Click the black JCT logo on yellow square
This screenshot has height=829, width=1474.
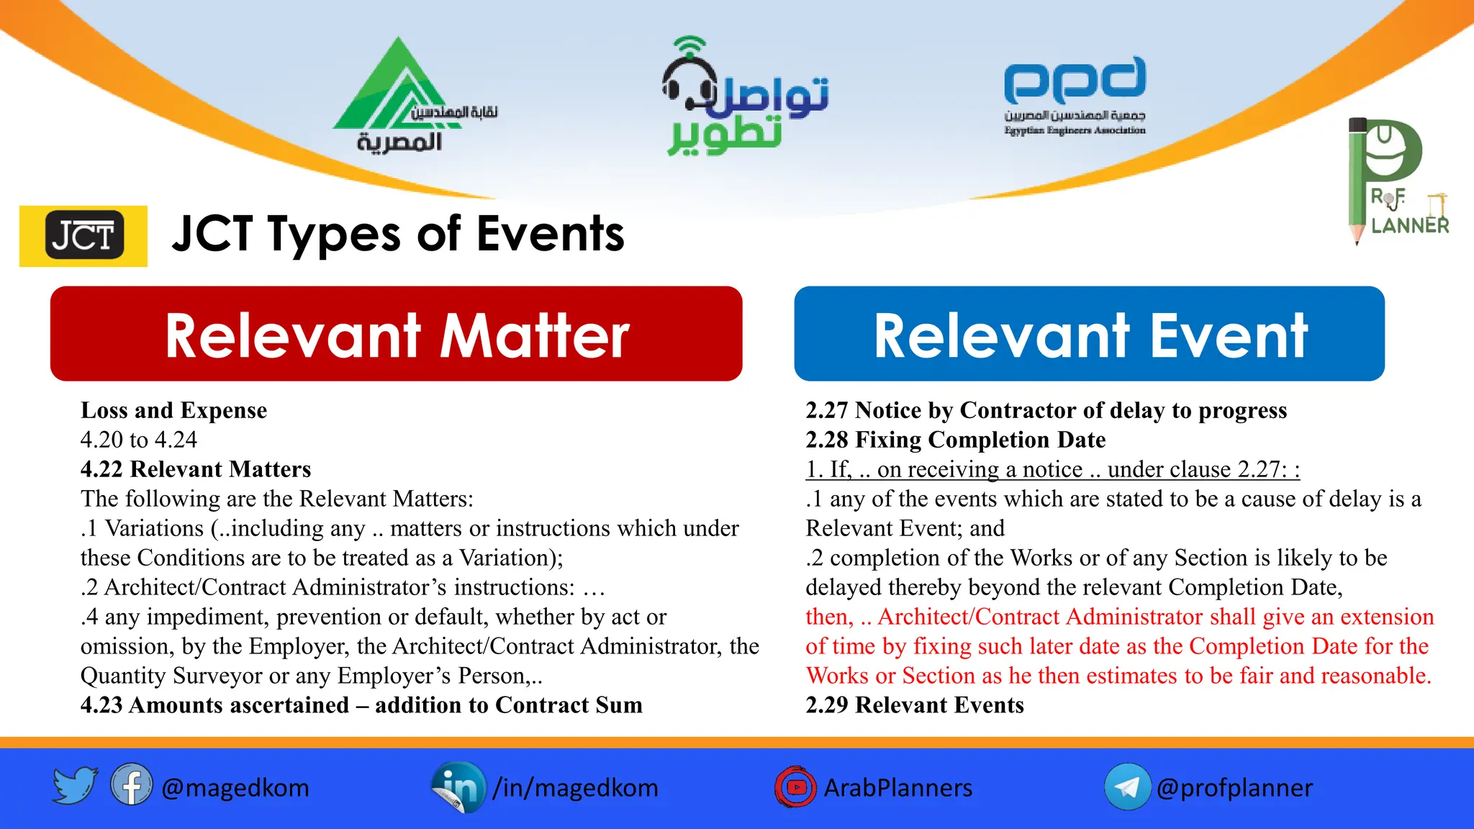pos(83,236)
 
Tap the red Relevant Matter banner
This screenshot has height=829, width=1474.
pos(396,334)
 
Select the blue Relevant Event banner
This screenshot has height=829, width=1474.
pos(1089,334)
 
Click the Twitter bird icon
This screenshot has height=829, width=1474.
pos(75,785)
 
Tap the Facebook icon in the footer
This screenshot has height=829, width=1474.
pos(132,785)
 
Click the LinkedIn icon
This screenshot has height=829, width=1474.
pos(458,787)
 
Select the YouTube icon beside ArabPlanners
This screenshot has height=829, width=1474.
pos(795,787)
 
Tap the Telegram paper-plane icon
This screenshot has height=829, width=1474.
pos(1127,787)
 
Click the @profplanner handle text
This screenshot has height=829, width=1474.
pos(1234,788)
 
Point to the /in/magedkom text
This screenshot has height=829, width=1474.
pos(575,788)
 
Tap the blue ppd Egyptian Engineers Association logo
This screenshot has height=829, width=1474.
pos(1075,94)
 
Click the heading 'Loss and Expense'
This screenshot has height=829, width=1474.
pos(173,410)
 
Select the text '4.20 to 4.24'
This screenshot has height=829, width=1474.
pos(139,440)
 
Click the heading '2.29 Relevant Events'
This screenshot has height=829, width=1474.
pos(914,705)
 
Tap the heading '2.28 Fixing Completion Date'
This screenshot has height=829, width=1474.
pos(955,440)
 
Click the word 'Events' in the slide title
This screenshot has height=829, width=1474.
pos(551,235)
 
